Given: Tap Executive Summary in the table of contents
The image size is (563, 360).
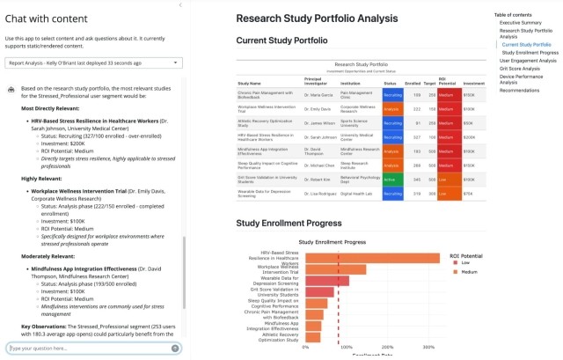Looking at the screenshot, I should click(522, 23).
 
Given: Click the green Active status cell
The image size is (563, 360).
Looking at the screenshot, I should click(390, 177).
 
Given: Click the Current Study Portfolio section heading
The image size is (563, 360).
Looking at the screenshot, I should click(281, 40).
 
